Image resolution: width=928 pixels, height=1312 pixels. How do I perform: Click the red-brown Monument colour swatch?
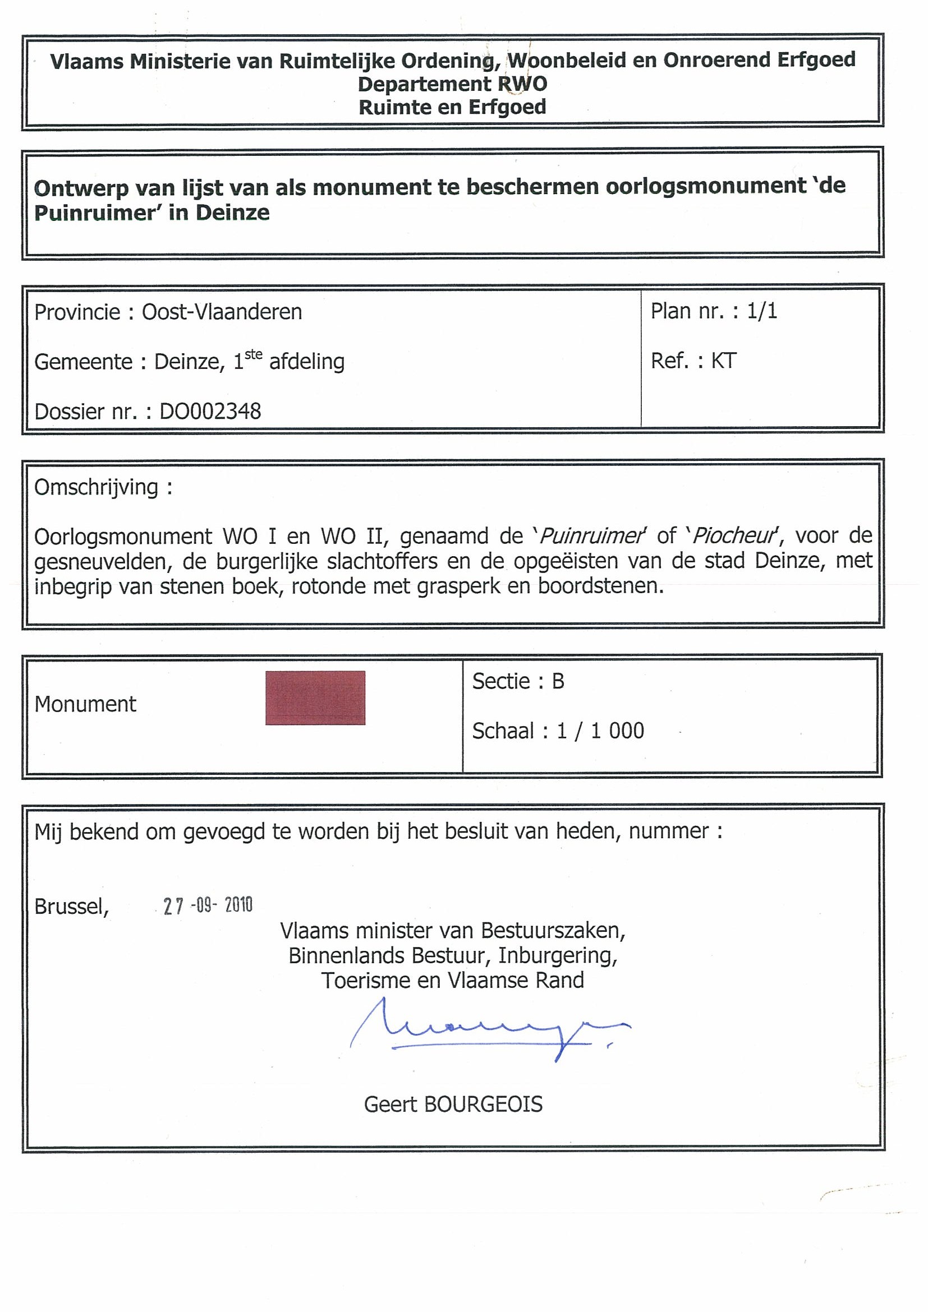pos(315,697)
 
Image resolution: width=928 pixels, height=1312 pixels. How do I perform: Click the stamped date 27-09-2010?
pos(208,905)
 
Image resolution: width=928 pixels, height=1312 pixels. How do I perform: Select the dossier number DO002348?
pos(210,412)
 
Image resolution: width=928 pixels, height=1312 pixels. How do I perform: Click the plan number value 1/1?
pos(761,311)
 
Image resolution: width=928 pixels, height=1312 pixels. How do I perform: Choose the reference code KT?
pos(723,361)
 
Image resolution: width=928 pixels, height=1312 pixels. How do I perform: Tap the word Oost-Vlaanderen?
pos(222,312)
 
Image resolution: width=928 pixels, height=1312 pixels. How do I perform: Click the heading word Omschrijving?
pos(96,487)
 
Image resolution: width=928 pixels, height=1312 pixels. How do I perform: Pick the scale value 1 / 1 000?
pos(600,731)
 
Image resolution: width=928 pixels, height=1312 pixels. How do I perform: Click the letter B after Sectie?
pos(558,681)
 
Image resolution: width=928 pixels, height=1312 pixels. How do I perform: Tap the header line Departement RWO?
pos(452,84)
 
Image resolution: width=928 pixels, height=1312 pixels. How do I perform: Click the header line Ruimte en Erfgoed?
pos(452,107)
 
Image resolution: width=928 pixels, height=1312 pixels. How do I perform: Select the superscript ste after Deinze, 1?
pos(253,354)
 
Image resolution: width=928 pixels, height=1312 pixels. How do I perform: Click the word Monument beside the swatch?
pos(85,704)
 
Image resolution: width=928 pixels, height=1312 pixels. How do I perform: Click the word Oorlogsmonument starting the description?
pos(123,537)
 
